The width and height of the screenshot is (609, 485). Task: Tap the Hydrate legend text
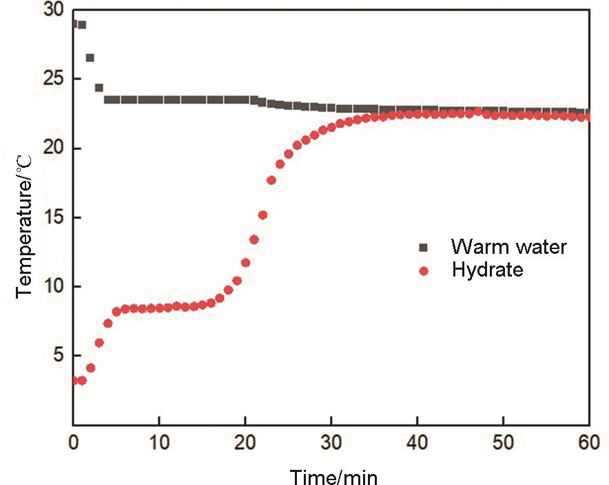(487, 270)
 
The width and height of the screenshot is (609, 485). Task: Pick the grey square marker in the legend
(424, 247)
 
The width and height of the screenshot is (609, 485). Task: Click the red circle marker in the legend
(424, 270)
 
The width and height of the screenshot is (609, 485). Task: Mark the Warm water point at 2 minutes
(90, 58)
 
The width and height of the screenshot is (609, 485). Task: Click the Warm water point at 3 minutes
(99, 88)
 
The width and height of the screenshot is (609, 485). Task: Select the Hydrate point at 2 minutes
(90, 368)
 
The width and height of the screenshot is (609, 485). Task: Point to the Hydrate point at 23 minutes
(271, 180)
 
